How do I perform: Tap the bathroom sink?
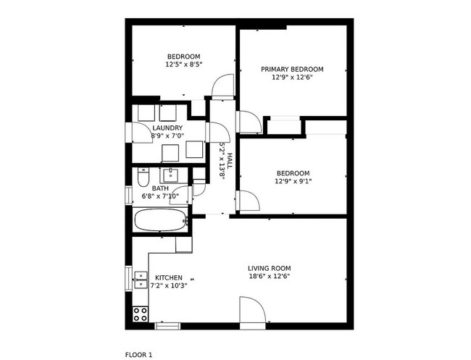(x=172, y=175)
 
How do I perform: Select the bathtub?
(x=160, y=220)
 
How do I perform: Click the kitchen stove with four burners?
(x=140, y=314)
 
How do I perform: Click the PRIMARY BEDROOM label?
(x=292, y=70)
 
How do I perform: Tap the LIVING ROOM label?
(x=269, y=268)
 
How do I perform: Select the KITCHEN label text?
(x=169, y=277)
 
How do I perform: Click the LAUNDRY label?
(x=167, y=128)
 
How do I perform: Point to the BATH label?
(x=160, y=188)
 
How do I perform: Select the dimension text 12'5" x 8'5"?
(x=183, y=64)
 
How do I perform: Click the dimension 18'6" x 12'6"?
(x=269, y=276)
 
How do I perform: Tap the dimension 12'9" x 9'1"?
(x=293, y=181)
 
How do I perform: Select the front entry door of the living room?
(x=251, y=314)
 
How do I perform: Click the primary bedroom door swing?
(x=249, y=121)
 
